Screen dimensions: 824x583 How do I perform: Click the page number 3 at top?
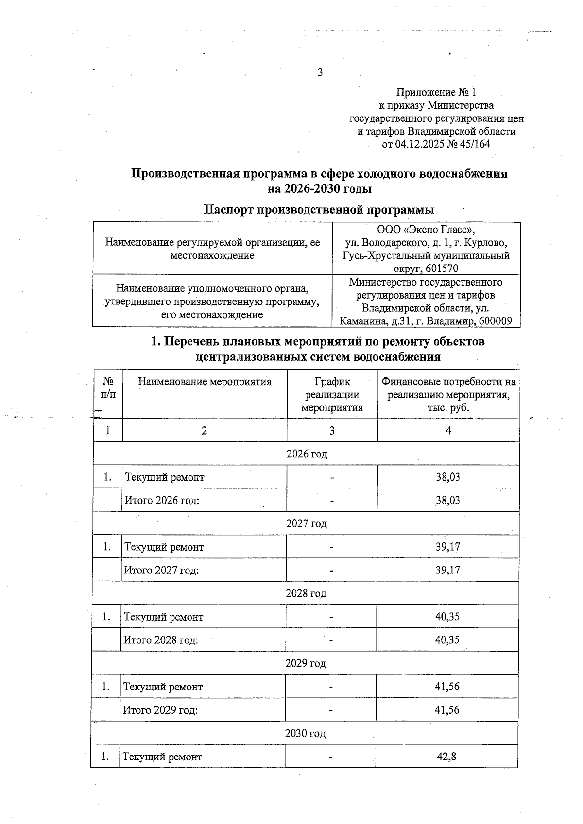click(320, 73)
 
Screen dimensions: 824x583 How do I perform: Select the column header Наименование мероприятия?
click(205, 382)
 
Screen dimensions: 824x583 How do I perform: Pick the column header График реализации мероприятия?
click(332, 394)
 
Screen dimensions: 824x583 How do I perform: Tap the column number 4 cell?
click(448, 430)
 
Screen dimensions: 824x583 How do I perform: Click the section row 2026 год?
click(307, 454)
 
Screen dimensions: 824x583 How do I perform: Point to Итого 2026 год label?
click(162, 500)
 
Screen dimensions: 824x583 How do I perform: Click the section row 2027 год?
click(307, 524)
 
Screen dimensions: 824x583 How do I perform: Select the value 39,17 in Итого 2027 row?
click(447, 570)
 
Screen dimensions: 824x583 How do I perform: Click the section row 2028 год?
click(306, 594)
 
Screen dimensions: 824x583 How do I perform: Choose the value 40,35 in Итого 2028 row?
click(447, 640)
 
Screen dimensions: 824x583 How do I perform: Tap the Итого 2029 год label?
click(160, 710)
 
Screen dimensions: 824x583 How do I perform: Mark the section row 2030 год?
click(305, 733)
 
